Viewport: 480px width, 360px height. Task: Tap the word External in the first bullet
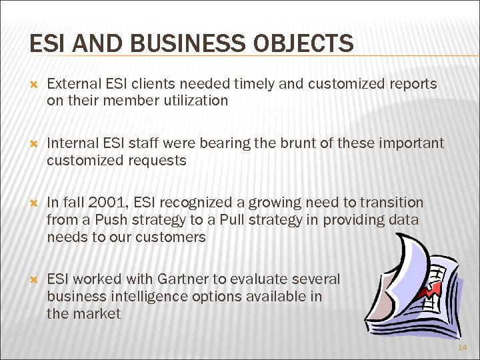tap(74, 84)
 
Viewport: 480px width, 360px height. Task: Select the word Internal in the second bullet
tap(71, 143)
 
